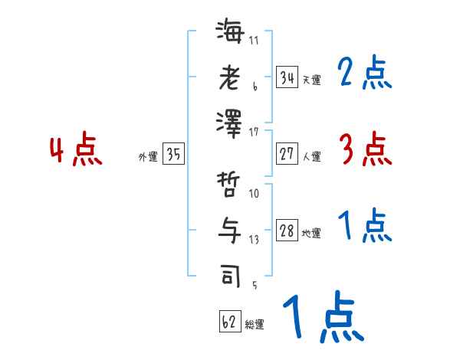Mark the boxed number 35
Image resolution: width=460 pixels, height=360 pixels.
[x=173, y=155]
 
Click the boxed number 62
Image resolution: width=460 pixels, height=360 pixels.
[x=229, y=322]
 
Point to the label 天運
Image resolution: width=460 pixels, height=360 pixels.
[x=311, y=80]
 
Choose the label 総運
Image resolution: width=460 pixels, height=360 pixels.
[x=255, y=325]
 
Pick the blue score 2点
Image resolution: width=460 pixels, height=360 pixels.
[x=364, y=74]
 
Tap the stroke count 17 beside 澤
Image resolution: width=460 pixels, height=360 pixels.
[x=255, y=132]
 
